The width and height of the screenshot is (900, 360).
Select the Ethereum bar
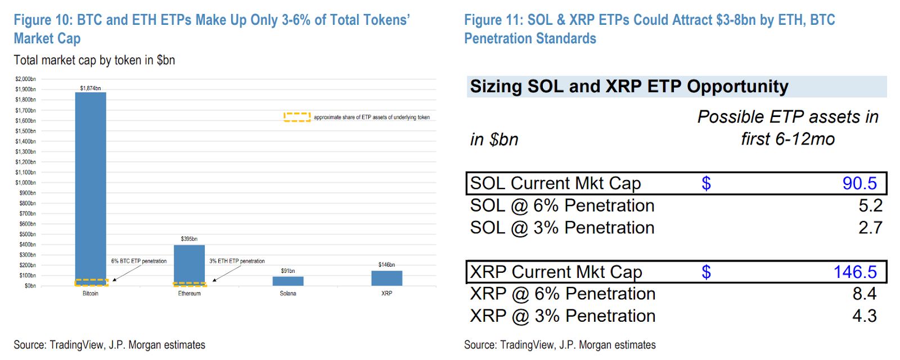189,264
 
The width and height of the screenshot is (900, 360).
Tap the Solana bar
288,281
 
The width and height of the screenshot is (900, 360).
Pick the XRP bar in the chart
386,278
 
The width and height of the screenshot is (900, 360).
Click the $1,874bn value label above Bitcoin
91,88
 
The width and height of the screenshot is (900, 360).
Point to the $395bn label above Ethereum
189,239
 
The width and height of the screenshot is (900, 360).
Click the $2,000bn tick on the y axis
25,79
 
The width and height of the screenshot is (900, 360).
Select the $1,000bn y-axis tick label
25,183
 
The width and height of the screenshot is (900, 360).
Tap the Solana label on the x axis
288,294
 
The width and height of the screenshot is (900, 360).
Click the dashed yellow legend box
297,117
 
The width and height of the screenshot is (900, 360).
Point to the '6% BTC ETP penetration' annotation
139,261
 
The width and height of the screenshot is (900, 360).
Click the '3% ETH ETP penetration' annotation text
237,261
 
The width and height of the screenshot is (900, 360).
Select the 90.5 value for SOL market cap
859,183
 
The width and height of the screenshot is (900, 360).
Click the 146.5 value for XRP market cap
855,272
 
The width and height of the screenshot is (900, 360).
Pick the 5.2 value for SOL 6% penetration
870,205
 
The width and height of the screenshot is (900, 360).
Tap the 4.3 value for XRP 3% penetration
864,316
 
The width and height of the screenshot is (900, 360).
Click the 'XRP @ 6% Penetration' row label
562,294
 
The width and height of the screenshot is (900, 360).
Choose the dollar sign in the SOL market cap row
706,183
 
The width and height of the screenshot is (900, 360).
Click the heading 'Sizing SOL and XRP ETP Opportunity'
629,87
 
